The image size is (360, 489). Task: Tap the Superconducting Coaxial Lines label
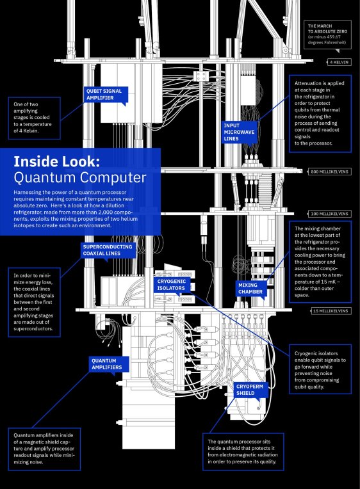107,250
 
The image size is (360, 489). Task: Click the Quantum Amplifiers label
110,364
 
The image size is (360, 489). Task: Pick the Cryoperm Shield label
247,390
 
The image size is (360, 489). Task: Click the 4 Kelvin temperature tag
338,62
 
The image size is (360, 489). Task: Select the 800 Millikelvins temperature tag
329,172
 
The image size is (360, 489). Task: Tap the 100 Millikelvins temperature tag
329,213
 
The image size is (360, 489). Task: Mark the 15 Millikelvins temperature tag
331,311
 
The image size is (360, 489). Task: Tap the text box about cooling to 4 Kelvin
35,118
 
